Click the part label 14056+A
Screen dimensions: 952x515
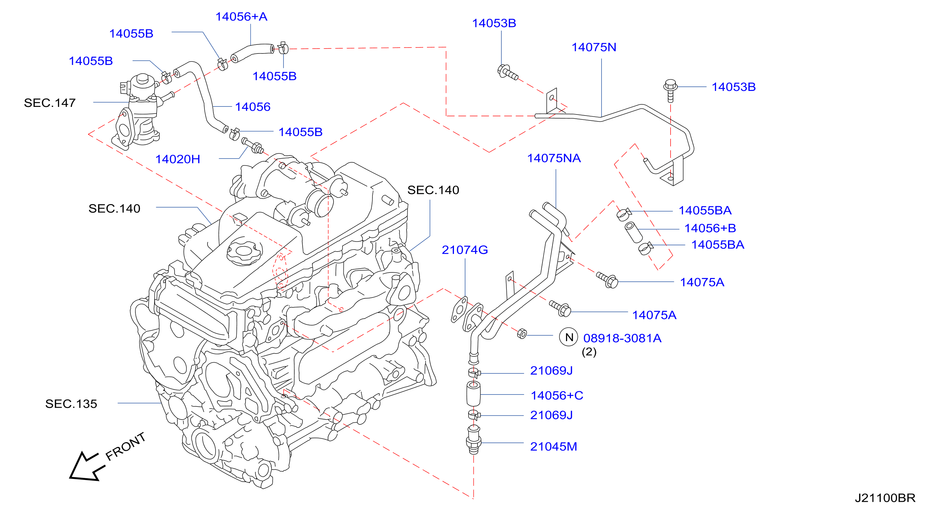click(241, 17)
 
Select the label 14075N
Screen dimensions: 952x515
click(594, 47)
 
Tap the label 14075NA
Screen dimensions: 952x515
click(554, 158)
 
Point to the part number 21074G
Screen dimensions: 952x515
click(465, 250)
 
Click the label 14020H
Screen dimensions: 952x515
click(178, 159)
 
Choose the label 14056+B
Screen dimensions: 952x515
click(710, 228)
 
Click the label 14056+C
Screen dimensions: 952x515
click(557, 395)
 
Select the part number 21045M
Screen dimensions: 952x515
click(554, 446)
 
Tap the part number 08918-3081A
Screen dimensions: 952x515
click(622, 338)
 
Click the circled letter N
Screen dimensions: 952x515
click(569, 337)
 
